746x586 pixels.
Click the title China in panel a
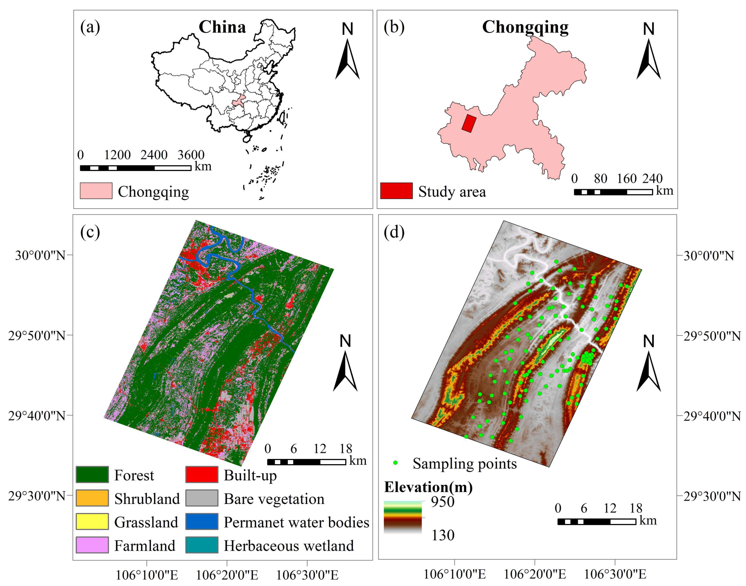[222, 27]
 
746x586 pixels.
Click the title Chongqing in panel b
[525, 27]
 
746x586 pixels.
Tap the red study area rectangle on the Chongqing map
[469, 123]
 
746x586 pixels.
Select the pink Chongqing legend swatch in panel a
[96, 191]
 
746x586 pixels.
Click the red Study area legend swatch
[396, 191]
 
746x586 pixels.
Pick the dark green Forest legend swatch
[92, 474]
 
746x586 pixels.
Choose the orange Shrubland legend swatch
[92, 498]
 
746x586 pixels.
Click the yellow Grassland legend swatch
[92, 521]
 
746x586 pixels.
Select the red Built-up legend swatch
[202, 474]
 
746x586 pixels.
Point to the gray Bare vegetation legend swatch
[202, 498]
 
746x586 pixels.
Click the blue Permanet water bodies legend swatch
[202, 521]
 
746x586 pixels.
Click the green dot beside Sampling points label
[395, 463]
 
